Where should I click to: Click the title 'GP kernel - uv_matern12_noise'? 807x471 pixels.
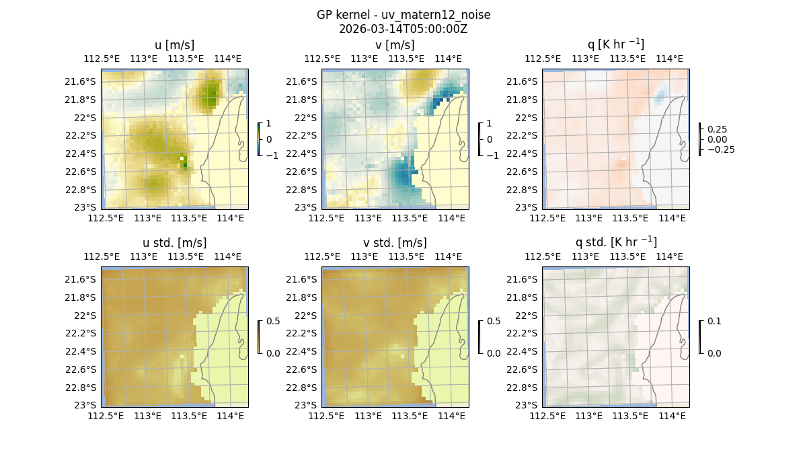click(x=403, y=15)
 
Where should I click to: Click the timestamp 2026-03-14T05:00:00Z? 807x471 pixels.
click(x=403, y=29)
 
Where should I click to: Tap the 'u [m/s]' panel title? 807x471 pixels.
click(x=174, y=45)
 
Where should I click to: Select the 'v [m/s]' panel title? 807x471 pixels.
click(x=395, y=45)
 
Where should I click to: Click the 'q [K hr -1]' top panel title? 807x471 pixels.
click(x=615, y=45)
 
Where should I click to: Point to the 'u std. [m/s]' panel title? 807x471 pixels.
click(x=174, y=243)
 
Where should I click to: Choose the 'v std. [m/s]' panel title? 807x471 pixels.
click(x=395, y=243)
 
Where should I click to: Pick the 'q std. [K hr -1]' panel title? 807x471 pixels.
click(x=615, y=242)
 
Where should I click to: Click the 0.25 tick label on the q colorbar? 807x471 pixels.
click(x=718, y=129)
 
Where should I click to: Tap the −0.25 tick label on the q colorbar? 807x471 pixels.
click(x=720, y=149)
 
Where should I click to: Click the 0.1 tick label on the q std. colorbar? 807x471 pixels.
click(x=714, y=322)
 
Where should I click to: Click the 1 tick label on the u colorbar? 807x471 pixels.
click(x=269, y=124)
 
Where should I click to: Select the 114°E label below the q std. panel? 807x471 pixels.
click(x=671, y=416)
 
